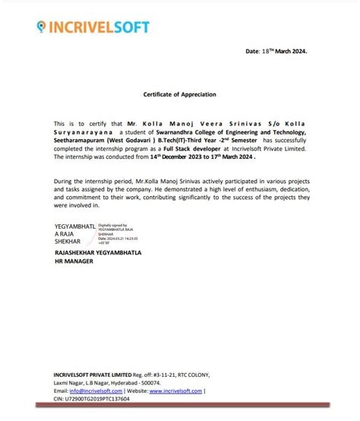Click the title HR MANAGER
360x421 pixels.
click(74, 261)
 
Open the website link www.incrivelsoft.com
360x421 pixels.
click(175, 391)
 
